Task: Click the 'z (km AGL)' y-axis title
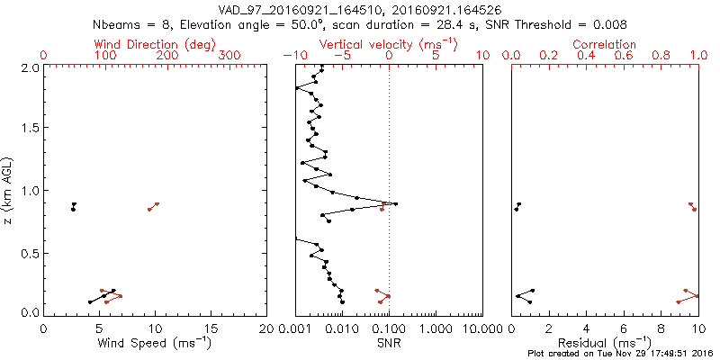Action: pos(10,189)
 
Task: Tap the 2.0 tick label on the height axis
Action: pos(31,67)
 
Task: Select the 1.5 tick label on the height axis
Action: pos(31,129)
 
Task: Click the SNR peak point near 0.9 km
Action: pos(395,204)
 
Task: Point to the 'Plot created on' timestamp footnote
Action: pos(620,353)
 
